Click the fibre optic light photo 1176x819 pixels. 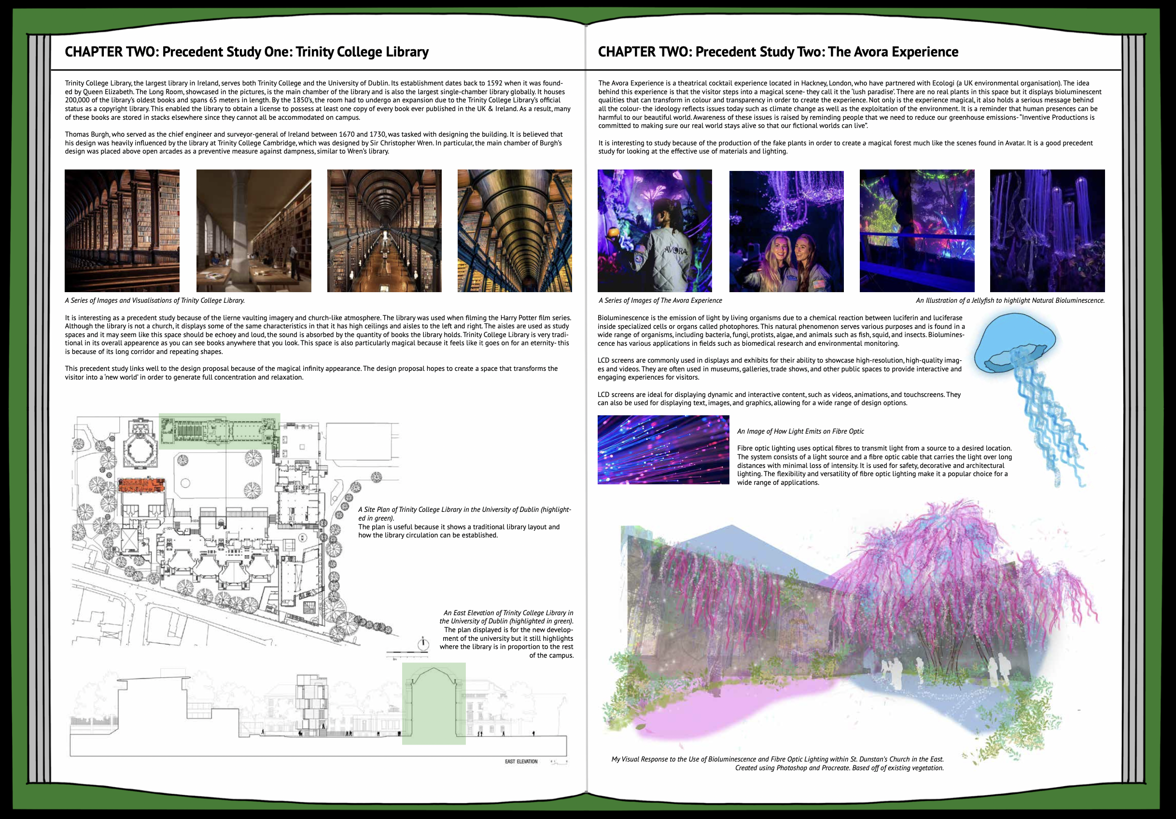[x=663, y=450]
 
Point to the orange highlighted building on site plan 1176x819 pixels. [x=142, y=484]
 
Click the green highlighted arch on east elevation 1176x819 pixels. [x=434, y=703]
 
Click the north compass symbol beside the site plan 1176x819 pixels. [x=423, y=644]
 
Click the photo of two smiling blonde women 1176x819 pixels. [x=786, y=231]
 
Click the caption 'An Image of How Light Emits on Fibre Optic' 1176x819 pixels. [x=800, y=431]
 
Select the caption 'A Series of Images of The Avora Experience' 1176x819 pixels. [x=660, y=301]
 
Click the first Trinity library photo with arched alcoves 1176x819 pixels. [x=122, y=231]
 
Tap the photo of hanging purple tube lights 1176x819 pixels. [x=1048, y=231]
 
